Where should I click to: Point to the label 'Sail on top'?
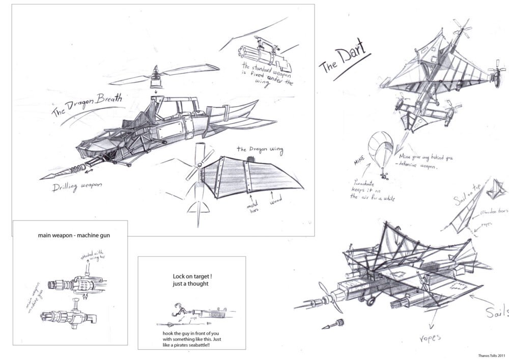tap(465, 192)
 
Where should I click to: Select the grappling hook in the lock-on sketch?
tap(178, 307)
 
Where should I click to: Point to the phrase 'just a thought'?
tap(191, 285)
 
